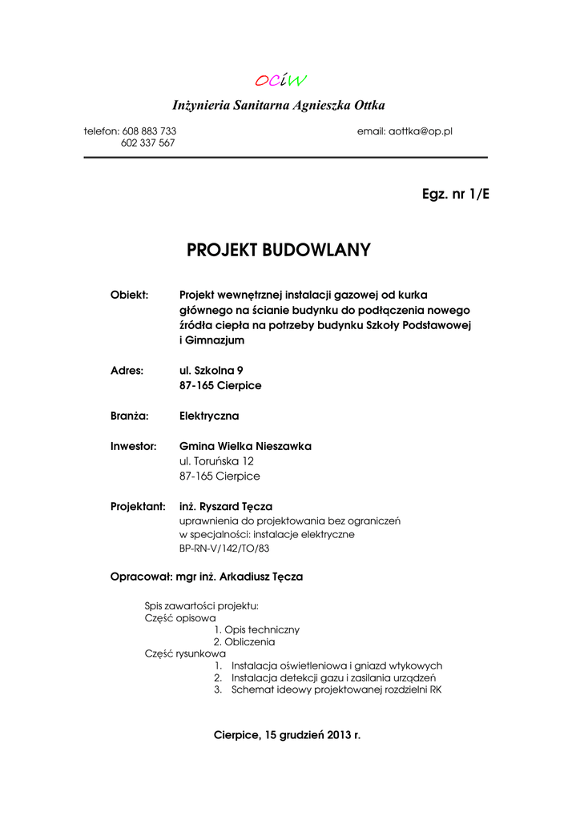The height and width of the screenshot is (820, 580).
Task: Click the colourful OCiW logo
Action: (x=280, y=80)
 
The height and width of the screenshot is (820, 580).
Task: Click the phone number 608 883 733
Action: (x=149, y=131)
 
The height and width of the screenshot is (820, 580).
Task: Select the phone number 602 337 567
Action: (x=148, y=143)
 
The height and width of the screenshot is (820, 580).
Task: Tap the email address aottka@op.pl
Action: (x=421, y=131)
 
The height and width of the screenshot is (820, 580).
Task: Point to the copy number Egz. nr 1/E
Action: (x=455, y=195)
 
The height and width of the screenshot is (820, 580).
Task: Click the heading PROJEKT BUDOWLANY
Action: (x=279, y=251)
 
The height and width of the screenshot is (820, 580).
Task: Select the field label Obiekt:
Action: (x=129, y=295)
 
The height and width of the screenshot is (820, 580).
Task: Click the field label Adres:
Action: (x=127, y=371)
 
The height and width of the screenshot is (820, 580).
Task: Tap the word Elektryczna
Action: (x=209, y=416)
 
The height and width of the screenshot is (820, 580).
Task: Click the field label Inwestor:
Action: (x=133, y=446)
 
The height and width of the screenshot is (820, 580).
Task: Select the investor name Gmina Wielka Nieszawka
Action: (x=245, y=446)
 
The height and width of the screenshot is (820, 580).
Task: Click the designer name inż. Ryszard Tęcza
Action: (x=226, y=507)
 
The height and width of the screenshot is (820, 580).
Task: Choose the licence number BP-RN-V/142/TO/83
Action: (x=224, y=549)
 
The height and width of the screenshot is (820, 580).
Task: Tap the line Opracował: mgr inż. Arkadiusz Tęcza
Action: (x=206, y=577)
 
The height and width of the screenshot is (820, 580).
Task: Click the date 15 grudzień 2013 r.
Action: (x=312, y=735)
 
